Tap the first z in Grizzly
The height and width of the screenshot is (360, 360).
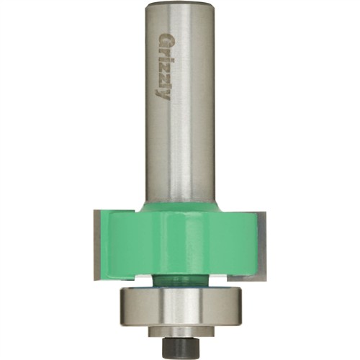(163, 67)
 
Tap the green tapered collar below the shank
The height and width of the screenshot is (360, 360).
(179, 210)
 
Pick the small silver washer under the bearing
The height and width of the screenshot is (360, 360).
(179, 332)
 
